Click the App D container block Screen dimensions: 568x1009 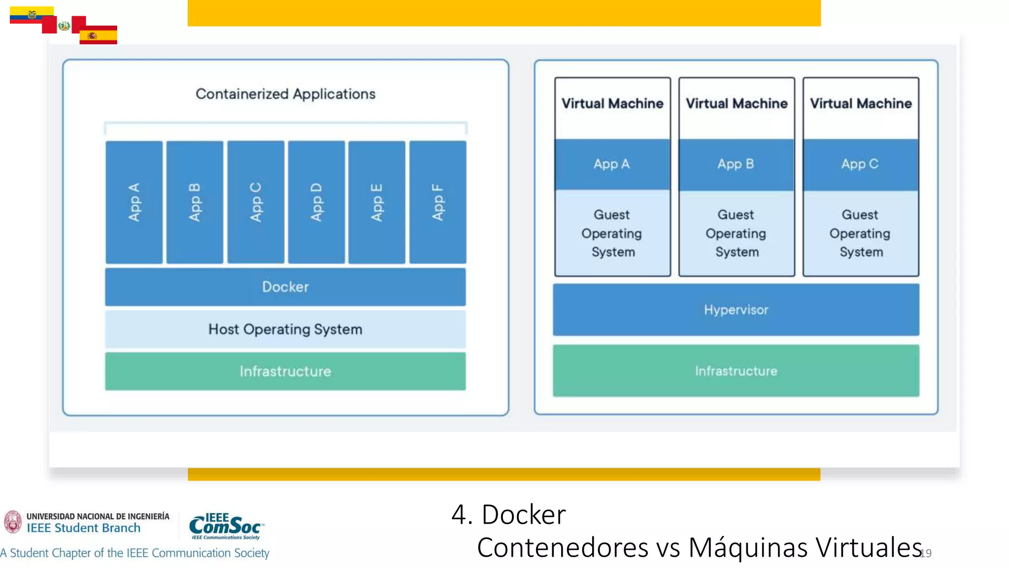pos(316,202)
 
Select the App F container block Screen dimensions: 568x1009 pos(437,202)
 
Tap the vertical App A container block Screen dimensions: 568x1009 pos(134,202)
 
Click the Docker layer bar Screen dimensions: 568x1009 pos(285,287)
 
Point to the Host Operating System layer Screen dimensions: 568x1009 pos(285,329)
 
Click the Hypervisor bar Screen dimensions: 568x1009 pos(736,310)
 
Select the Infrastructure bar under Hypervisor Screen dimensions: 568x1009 pos(736,371)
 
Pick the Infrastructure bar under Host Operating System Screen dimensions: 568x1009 pos(285,371)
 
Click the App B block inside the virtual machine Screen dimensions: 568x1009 pos(736,164)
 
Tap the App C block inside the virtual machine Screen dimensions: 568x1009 pos(860,164)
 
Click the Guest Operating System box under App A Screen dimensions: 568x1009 pos(612,233)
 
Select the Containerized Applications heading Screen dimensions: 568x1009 pos(285,94)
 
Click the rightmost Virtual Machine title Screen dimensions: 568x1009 pos(861,104)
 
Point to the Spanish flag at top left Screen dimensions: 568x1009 pos(98,35)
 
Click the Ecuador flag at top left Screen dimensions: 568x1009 pos(31,15)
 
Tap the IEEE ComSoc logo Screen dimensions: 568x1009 pos(226,527)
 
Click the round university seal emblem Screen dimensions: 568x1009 pos(13,522)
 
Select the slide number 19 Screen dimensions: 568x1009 pos(926,553)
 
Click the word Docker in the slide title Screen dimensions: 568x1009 pos(523,515)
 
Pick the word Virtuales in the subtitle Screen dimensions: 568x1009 pos(868,547)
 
